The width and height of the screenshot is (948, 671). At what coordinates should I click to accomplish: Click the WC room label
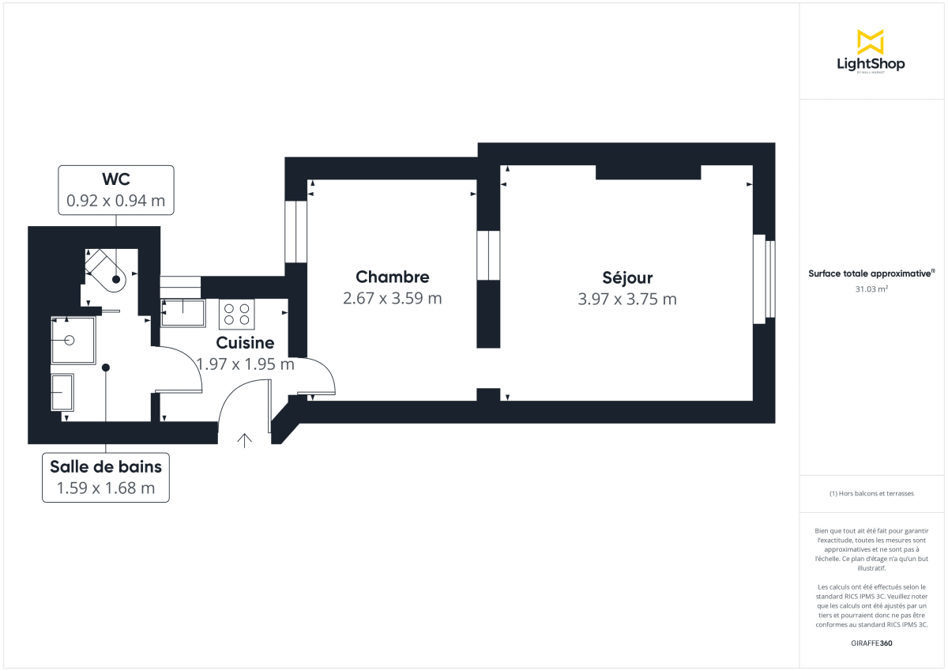[x=116, y=179]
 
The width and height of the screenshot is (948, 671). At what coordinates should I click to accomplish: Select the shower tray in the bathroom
[x=73, y=341]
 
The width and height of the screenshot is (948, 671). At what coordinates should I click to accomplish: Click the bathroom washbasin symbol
[x=62, y=393]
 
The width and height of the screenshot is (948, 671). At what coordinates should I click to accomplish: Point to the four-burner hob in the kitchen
[x=237, y=315]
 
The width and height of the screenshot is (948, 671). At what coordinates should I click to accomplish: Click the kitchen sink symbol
[x=183, y=313]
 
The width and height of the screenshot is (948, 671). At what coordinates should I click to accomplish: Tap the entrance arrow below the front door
[x=245, y=440]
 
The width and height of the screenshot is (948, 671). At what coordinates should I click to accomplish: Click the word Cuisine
[x=245, y=343]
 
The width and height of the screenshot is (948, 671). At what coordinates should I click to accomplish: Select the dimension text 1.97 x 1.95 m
[x=245, y=364]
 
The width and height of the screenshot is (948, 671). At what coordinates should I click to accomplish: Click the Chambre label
[x=393, y=277]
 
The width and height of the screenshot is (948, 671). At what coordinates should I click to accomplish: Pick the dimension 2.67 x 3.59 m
[x=393, y=298]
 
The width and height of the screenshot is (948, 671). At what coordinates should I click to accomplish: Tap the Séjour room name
[x=627, y=277]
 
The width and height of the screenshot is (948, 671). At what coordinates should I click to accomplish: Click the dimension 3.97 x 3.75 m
[x=627, y=299]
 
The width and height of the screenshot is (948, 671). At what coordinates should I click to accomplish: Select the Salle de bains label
[x=106, y=466]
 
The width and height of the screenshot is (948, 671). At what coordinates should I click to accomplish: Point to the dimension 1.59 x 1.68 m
[x=106, y=488]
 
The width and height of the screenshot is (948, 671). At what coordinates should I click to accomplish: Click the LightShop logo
[x=871, y=52]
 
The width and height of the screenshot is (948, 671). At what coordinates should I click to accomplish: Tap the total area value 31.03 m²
[x=871, y=288]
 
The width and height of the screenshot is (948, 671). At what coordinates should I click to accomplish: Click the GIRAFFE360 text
[x=871, y=643]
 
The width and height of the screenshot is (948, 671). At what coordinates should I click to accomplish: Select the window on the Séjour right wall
[x=764, y=278]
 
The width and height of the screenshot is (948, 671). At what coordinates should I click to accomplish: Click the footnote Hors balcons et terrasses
[x=871, y=493]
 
